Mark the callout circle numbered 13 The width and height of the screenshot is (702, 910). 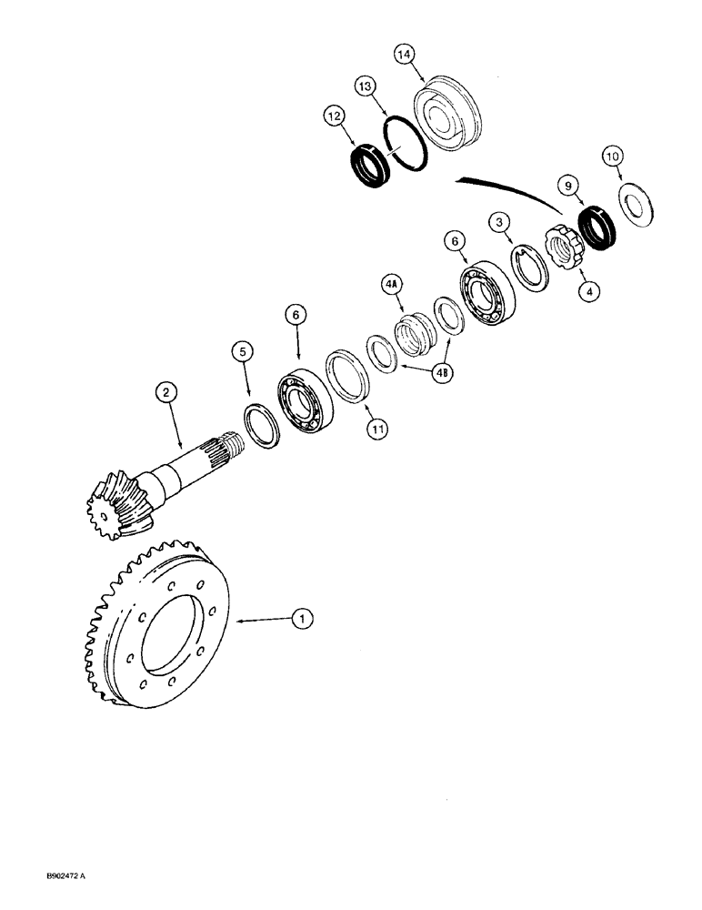click(x=365, y=86)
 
